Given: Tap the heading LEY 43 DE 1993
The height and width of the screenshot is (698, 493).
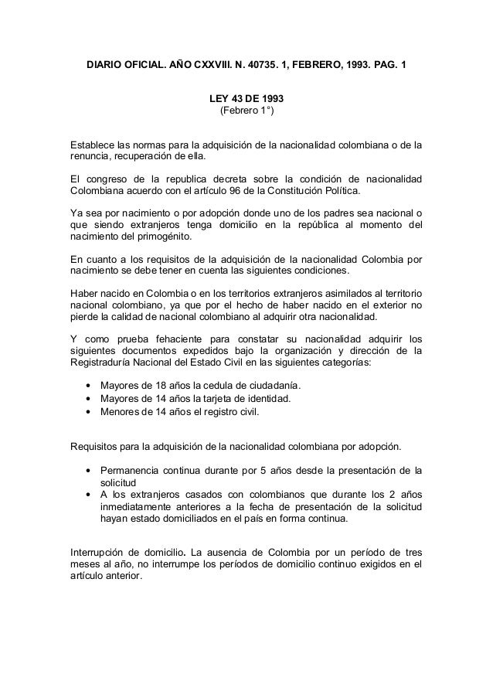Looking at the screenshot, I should pyautogui.click(x=246, y=100).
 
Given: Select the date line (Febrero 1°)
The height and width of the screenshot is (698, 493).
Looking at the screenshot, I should pyautogui.click(x=246, y=112).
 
